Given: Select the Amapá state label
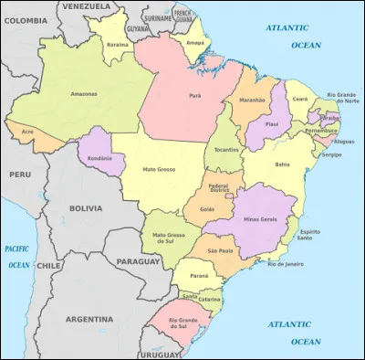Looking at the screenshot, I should (x=194, y=42).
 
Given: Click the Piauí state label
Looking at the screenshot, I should (x=271, y=123).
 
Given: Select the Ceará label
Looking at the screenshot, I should (x=299, y=99).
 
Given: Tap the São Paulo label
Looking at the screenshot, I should (x=222, y=250).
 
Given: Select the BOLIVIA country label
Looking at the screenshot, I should (x=87, y=208).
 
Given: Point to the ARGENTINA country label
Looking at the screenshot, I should (x=90, y=319).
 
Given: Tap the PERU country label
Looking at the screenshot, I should (x=20, y=174).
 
